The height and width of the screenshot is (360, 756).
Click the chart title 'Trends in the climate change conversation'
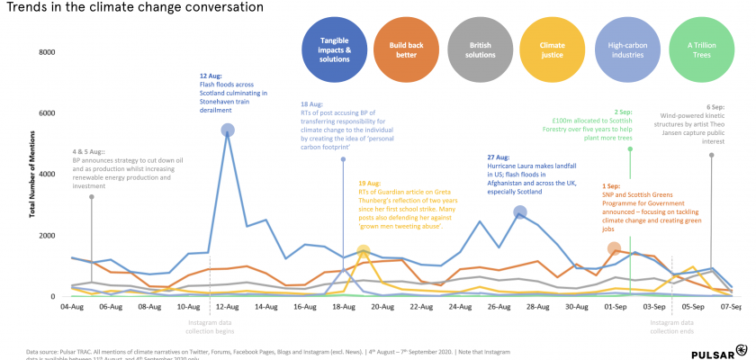[x=132, y=8]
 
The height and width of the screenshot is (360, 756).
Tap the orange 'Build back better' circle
[x=401, y=49]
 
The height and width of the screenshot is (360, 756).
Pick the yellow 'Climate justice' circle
[x=552, y=49]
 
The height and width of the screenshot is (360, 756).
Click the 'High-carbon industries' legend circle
[x=626, y=49]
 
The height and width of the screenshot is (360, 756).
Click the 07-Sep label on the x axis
[x=731, y=307]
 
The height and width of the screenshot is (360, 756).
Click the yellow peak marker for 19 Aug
[x=363, y=253]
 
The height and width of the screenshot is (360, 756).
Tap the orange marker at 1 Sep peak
[x=614, y=249]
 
